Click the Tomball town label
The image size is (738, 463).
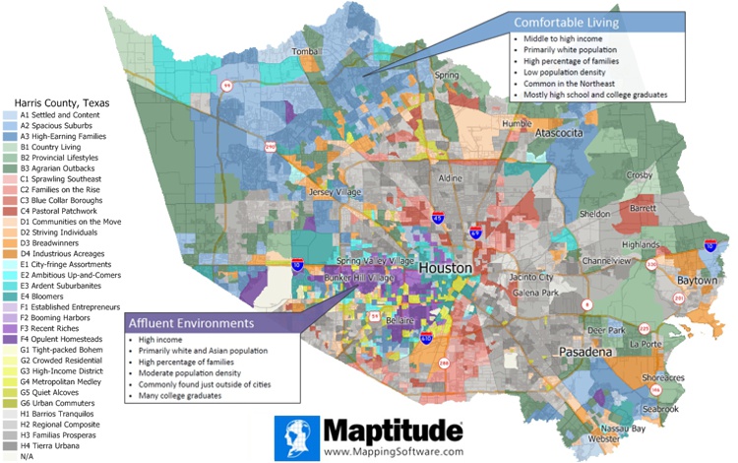[307, 52]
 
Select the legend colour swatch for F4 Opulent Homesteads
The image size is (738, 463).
[10, 338]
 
